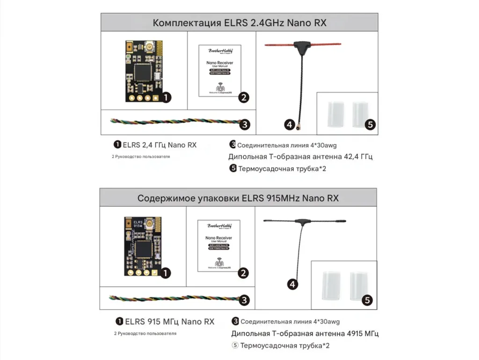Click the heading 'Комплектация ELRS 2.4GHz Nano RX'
[x=239, y=22]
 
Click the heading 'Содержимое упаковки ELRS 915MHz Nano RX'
[x=238, y=198]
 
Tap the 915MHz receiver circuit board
[x=142, y=246]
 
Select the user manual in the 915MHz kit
[x=219, y=245]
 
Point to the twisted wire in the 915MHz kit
[x=173, y=298]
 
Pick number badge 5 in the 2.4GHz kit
[x=370, y=125]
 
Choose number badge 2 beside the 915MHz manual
[x=243, y=274]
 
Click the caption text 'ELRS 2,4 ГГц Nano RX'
[x=160, y=145]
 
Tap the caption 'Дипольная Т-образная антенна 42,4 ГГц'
[x=300, y=157]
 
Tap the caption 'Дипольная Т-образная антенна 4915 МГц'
[x=305, y=333]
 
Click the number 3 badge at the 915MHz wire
[x=244, y=300]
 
